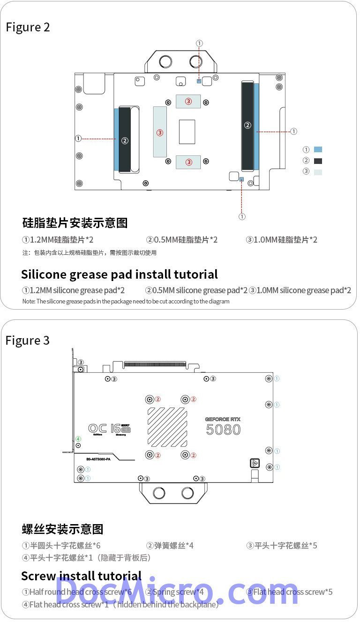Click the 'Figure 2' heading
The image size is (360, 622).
[x=28, y=27]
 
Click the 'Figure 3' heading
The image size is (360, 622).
[x=28, y=340]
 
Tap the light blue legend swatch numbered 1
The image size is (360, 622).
[x=318, y=150]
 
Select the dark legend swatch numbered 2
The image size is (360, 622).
[x=318, y=161]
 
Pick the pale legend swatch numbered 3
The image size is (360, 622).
[x=318, y=172]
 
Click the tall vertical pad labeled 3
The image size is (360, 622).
[x=160, y=132]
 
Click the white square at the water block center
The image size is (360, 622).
[x=187, y=132]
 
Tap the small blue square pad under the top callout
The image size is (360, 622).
[x=199, y=81]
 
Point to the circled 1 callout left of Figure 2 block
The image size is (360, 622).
[x=78, y=139]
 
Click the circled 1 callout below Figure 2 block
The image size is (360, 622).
[x=242, y=216]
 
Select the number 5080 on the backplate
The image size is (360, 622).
[x=223, y=429]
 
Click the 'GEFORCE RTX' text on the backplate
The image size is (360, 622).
[x=223, y=419]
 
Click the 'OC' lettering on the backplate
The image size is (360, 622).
[x=97, y=428]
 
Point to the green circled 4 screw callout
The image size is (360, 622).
[x=78, y=439]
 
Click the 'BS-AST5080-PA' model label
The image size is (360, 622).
[x=99, y=459]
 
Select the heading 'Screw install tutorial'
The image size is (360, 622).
[x=81, y=576]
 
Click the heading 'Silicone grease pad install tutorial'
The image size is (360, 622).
[x=120, y=274]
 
